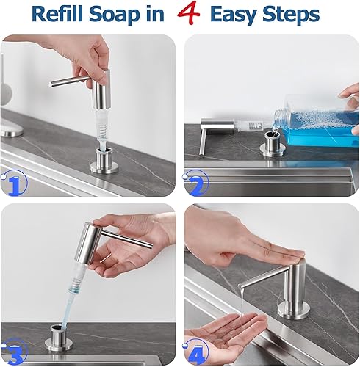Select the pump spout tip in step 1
[x=53, y=84]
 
